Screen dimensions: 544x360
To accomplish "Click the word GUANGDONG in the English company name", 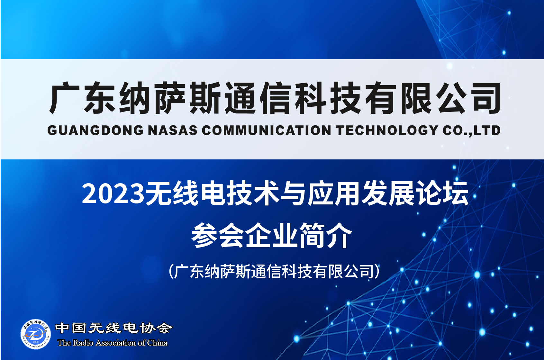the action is [x=95, y=130].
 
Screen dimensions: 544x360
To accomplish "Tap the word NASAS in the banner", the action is [x=172, y=130].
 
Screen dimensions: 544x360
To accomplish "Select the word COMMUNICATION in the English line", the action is [x=267, y=130].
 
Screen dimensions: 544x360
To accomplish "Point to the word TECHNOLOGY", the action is [x=387, y=130].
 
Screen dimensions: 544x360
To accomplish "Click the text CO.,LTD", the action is [x=471, y=130].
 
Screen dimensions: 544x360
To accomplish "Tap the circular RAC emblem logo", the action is [x=36, y=334].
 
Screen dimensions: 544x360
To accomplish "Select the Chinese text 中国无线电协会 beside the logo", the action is [x=114, y=328].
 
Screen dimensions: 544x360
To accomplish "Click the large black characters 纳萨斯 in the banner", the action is [x=169, y=98].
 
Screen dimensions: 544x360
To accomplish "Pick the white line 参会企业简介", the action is [x=272, y=236].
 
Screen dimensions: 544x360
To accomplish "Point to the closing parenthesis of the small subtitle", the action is [x=377, y=271].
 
